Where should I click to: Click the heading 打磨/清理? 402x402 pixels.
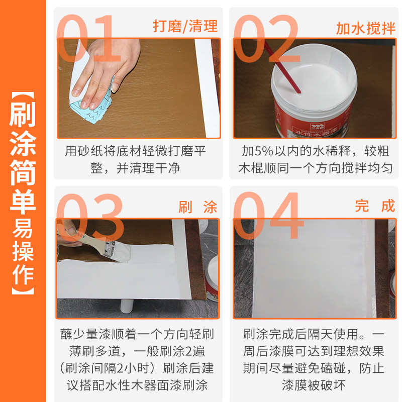click(185, 26)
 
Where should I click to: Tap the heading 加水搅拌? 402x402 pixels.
click(365, 28)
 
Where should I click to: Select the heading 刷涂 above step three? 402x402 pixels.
click(198, 207)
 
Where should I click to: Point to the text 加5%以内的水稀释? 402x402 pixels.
click(283, 151)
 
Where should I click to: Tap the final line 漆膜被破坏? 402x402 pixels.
click(314, 385)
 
